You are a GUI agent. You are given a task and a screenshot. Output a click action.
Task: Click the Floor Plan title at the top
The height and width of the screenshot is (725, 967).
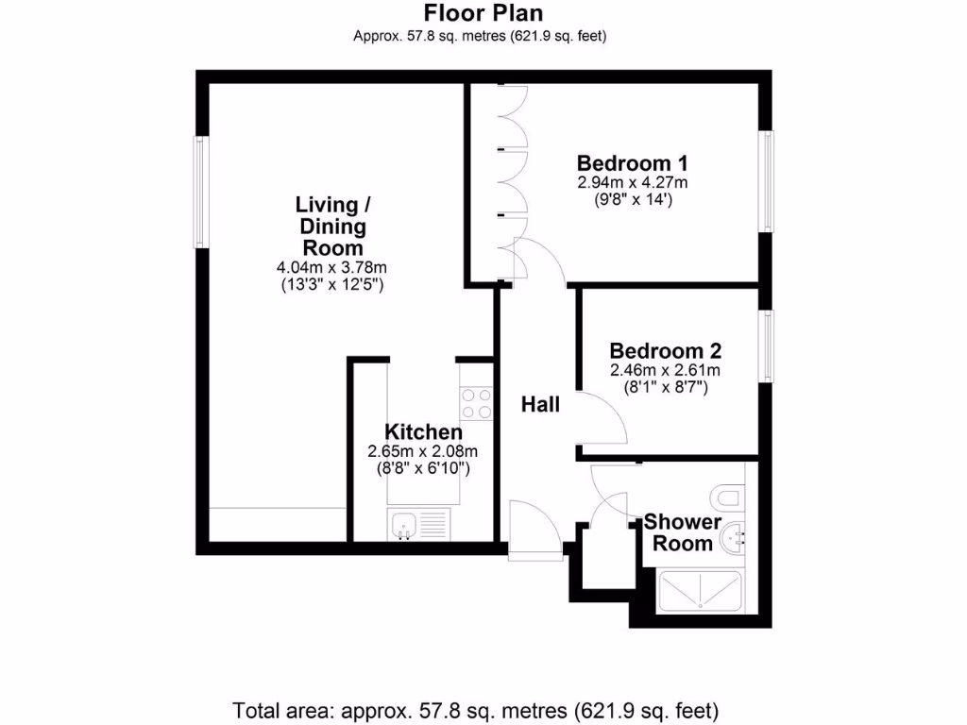click(483, 13)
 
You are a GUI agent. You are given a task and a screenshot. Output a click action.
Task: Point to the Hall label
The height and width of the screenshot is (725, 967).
click(541, 405)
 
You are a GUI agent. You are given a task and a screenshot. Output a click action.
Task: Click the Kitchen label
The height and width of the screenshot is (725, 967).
click(423, 432)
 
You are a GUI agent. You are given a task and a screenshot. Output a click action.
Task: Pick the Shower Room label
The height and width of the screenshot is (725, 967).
click(683, 533)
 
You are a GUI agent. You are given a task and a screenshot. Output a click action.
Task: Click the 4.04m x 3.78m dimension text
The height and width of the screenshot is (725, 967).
click(328, 268)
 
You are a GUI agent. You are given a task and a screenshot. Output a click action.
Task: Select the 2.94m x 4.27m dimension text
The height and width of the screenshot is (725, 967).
click(632, 182)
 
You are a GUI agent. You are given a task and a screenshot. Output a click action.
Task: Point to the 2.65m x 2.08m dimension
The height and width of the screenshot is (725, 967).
click(423, 451)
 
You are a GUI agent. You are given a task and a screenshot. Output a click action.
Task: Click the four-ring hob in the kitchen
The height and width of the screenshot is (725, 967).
click(476, 404)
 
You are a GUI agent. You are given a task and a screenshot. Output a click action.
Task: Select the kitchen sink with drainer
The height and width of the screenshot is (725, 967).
click(418, 524)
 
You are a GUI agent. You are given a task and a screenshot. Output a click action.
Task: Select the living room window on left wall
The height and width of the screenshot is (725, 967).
click(201, 192)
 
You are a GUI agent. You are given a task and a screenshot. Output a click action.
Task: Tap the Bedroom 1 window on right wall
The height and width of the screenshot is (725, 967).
click(769, 179)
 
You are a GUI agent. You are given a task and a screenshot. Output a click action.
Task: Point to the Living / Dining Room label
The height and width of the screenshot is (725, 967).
click(328, 227)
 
